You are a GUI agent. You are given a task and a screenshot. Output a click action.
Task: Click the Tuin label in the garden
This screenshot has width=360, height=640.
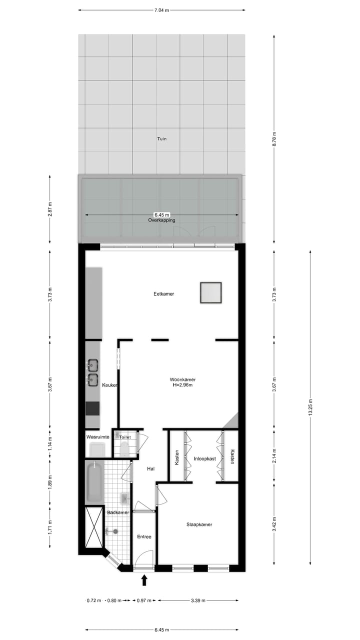[161, 139]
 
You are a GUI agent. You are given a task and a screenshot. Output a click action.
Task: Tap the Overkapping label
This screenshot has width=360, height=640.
[161, 220]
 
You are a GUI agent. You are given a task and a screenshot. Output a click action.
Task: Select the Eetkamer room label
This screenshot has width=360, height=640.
[163, 294]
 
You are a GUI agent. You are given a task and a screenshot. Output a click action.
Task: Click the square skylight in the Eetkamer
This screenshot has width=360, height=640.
[210, 293]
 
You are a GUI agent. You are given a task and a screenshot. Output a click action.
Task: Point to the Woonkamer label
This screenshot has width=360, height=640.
[182, 379]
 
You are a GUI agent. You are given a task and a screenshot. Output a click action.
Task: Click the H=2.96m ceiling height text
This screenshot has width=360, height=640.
[182, 385]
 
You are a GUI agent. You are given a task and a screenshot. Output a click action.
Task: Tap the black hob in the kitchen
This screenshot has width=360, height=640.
[92, 408]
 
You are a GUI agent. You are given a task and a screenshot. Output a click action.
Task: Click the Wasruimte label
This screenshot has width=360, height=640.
[97, 437]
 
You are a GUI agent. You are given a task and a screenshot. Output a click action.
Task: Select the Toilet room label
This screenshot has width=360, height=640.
[125, 437]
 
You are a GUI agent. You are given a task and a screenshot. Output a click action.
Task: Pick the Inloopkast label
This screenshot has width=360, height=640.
[204, 458]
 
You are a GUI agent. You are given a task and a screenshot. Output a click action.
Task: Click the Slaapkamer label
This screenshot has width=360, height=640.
[199, 524]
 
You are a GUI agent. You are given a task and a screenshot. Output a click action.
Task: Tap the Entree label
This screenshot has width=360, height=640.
[144, 537]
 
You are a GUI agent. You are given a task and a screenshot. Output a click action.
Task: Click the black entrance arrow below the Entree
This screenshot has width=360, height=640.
[144, 580]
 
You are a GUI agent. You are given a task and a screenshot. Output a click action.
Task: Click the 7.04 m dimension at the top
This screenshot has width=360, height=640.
[161, 9]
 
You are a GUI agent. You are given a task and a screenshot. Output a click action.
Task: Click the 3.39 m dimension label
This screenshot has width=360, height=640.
[198, 600]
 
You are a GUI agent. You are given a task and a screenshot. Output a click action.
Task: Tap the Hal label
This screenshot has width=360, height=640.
[150, 469]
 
